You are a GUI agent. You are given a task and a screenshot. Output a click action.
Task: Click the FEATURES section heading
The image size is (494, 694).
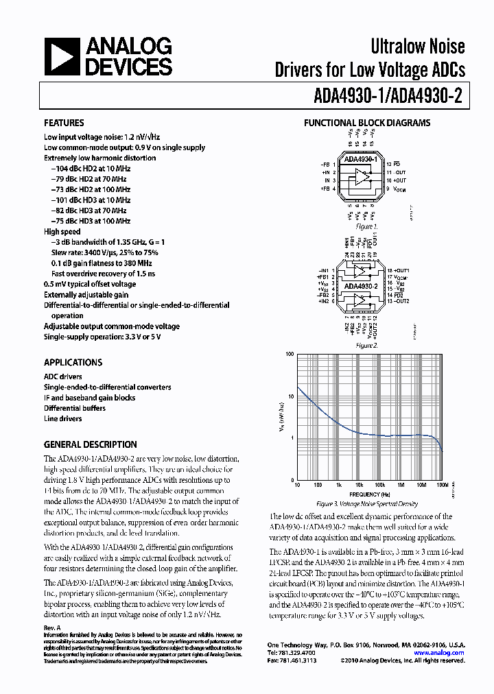64,123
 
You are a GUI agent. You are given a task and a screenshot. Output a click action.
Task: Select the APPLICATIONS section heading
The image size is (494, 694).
73,362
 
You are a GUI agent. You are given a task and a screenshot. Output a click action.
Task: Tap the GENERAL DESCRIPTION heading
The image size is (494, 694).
90,444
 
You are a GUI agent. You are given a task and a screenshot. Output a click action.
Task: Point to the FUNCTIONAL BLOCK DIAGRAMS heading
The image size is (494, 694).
367,123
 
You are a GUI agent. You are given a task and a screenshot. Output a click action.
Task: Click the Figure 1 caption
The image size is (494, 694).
366,226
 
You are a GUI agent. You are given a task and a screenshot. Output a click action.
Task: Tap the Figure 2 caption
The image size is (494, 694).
366,345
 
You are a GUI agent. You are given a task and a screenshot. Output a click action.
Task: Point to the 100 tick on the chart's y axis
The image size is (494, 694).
289,355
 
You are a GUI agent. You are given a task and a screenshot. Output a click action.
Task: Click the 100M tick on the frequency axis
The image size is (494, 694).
442,486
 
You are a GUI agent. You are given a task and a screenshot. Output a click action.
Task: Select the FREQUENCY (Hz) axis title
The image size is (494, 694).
369,494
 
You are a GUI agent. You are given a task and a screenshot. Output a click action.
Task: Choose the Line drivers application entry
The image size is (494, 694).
62,418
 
